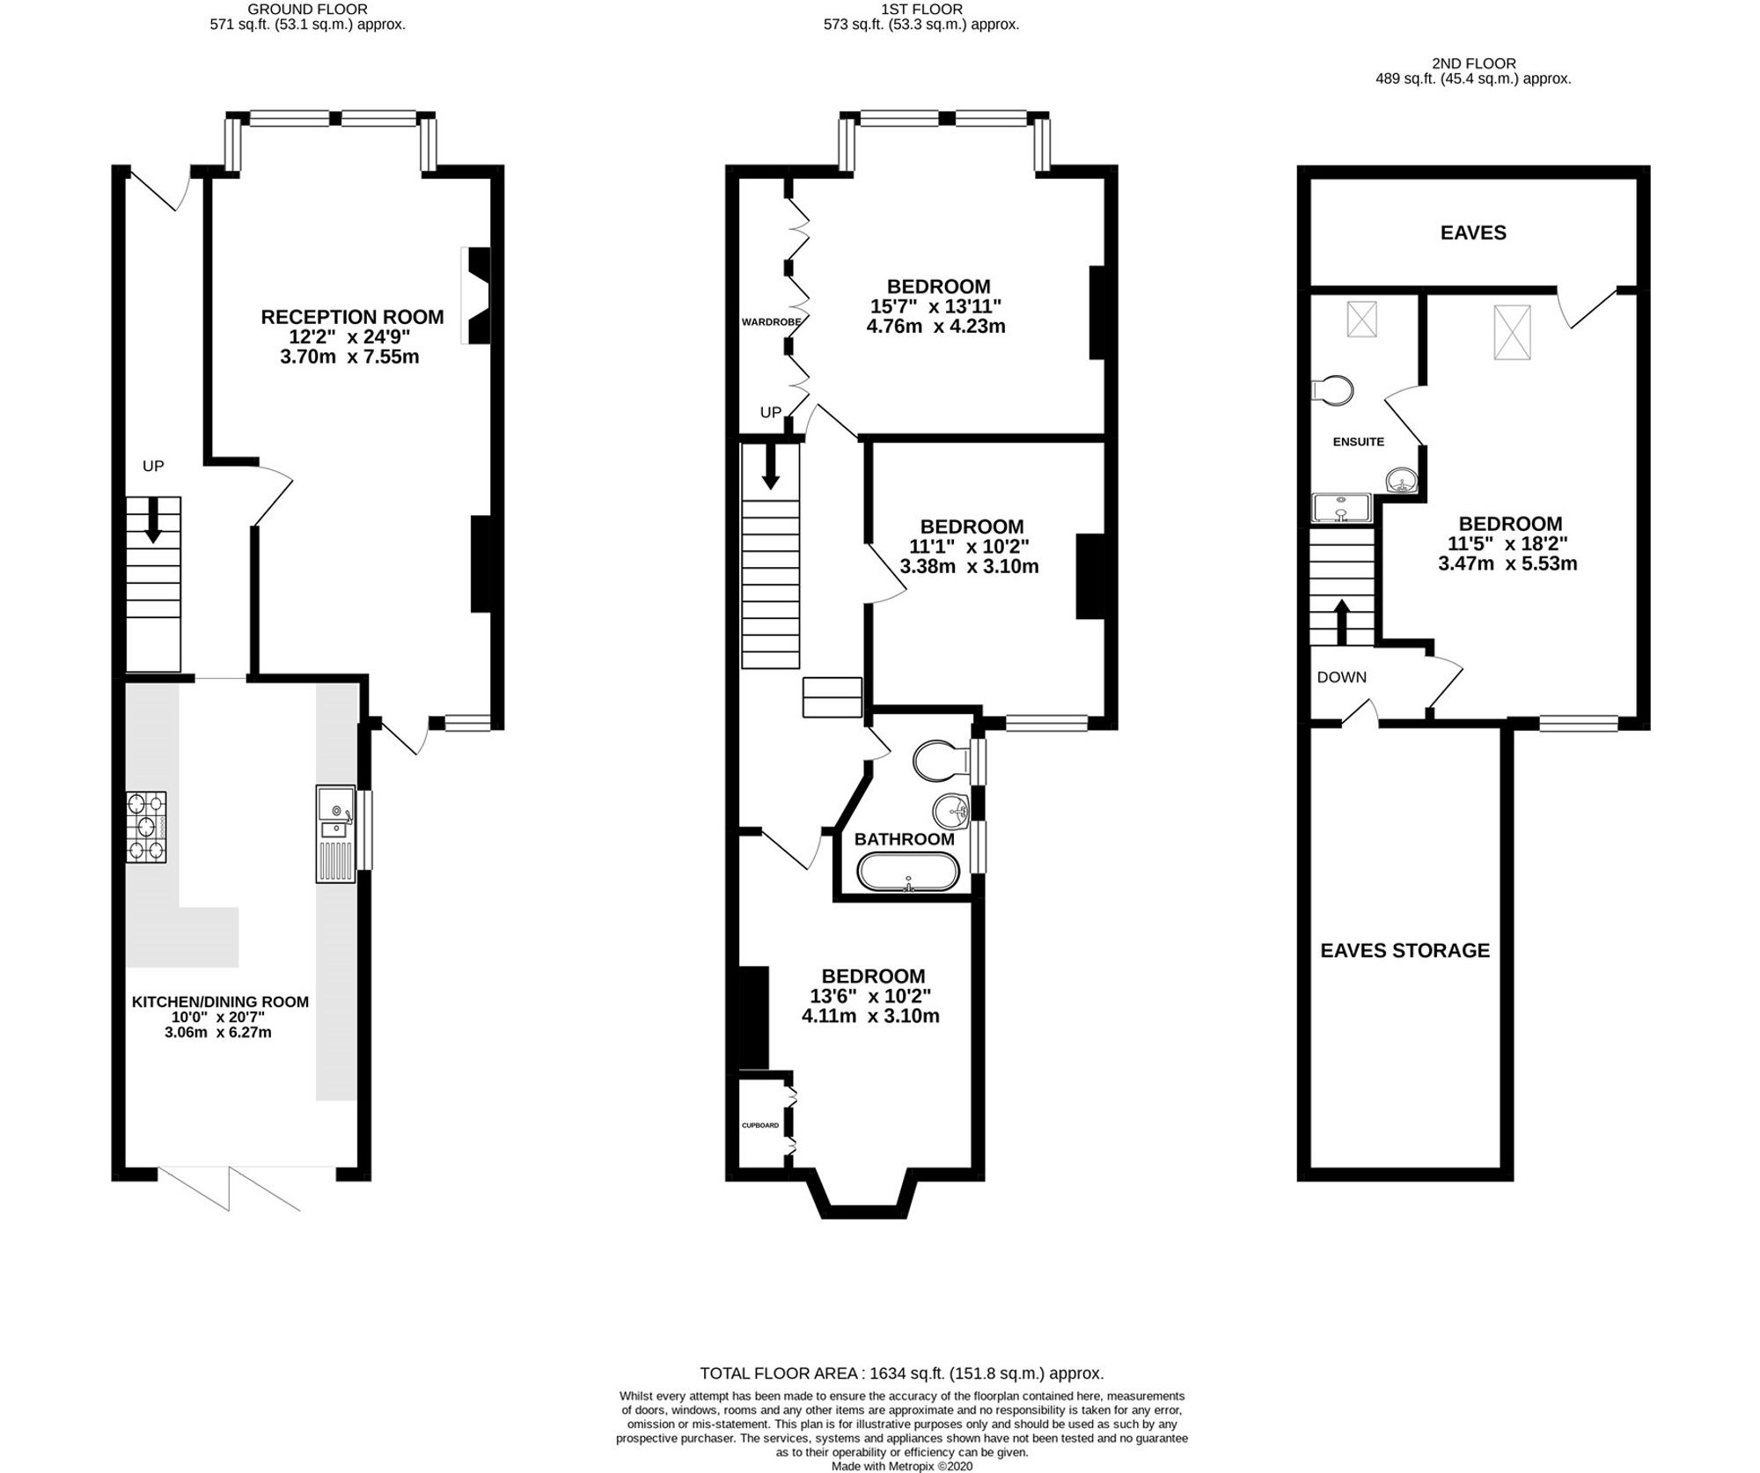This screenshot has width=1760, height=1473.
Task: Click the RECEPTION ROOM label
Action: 352,317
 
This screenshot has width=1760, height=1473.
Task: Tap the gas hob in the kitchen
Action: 146,827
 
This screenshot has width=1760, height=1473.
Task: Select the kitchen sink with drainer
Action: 336,833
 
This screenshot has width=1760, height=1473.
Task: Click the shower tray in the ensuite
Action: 1340,508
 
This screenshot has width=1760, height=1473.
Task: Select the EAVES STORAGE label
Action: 1404,950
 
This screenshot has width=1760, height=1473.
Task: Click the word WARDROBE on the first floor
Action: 771,322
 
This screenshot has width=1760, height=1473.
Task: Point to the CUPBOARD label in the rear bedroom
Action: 759,1125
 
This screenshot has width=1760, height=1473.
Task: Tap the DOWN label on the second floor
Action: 1341,677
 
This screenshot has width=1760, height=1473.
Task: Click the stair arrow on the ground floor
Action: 153,520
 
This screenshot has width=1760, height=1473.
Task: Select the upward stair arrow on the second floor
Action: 1342,622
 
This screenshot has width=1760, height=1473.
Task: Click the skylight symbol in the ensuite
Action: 1362,319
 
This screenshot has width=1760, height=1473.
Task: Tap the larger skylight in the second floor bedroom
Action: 1512,332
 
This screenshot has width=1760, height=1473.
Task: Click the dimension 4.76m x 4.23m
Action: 935,326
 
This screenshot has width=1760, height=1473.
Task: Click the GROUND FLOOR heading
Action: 307,9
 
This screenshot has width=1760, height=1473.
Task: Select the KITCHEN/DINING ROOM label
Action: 220,1001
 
